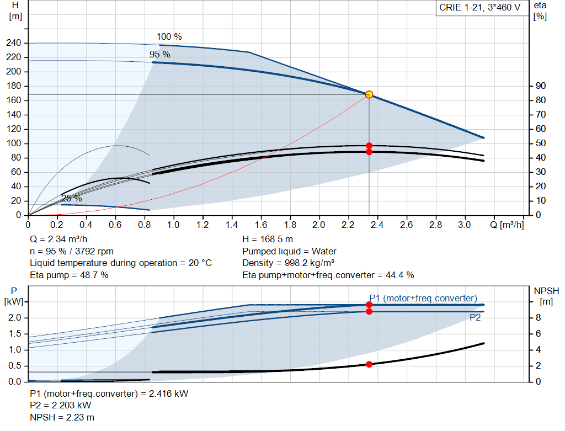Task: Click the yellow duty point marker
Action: [x=369, y=94]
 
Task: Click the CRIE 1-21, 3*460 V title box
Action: [x=479, y=8]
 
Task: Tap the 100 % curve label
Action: [x=169, y=37]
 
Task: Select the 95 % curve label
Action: [x=160, y=54]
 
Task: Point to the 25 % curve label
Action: [x=71, y=198]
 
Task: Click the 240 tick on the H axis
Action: [x=15, y=43]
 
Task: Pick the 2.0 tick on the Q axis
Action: [x=319, y=225]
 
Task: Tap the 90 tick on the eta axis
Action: [x=540, y=86]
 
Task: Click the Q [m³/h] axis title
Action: [x=507, y=225]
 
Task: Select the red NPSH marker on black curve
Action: [x=369, y=364]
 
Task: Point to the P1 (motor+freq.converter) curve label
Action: [x=423, y=298]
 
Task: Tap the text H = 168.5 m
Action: [x=267, y=240]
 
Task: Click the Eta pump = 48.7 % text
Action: [x=69, y=275]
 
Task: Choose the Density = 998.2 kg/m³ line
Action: [x=289, y=263]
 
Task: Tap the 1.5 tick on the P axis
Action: [x=15, y=334]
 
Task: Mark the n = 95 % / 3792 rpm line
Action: [x=72, y=251]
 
